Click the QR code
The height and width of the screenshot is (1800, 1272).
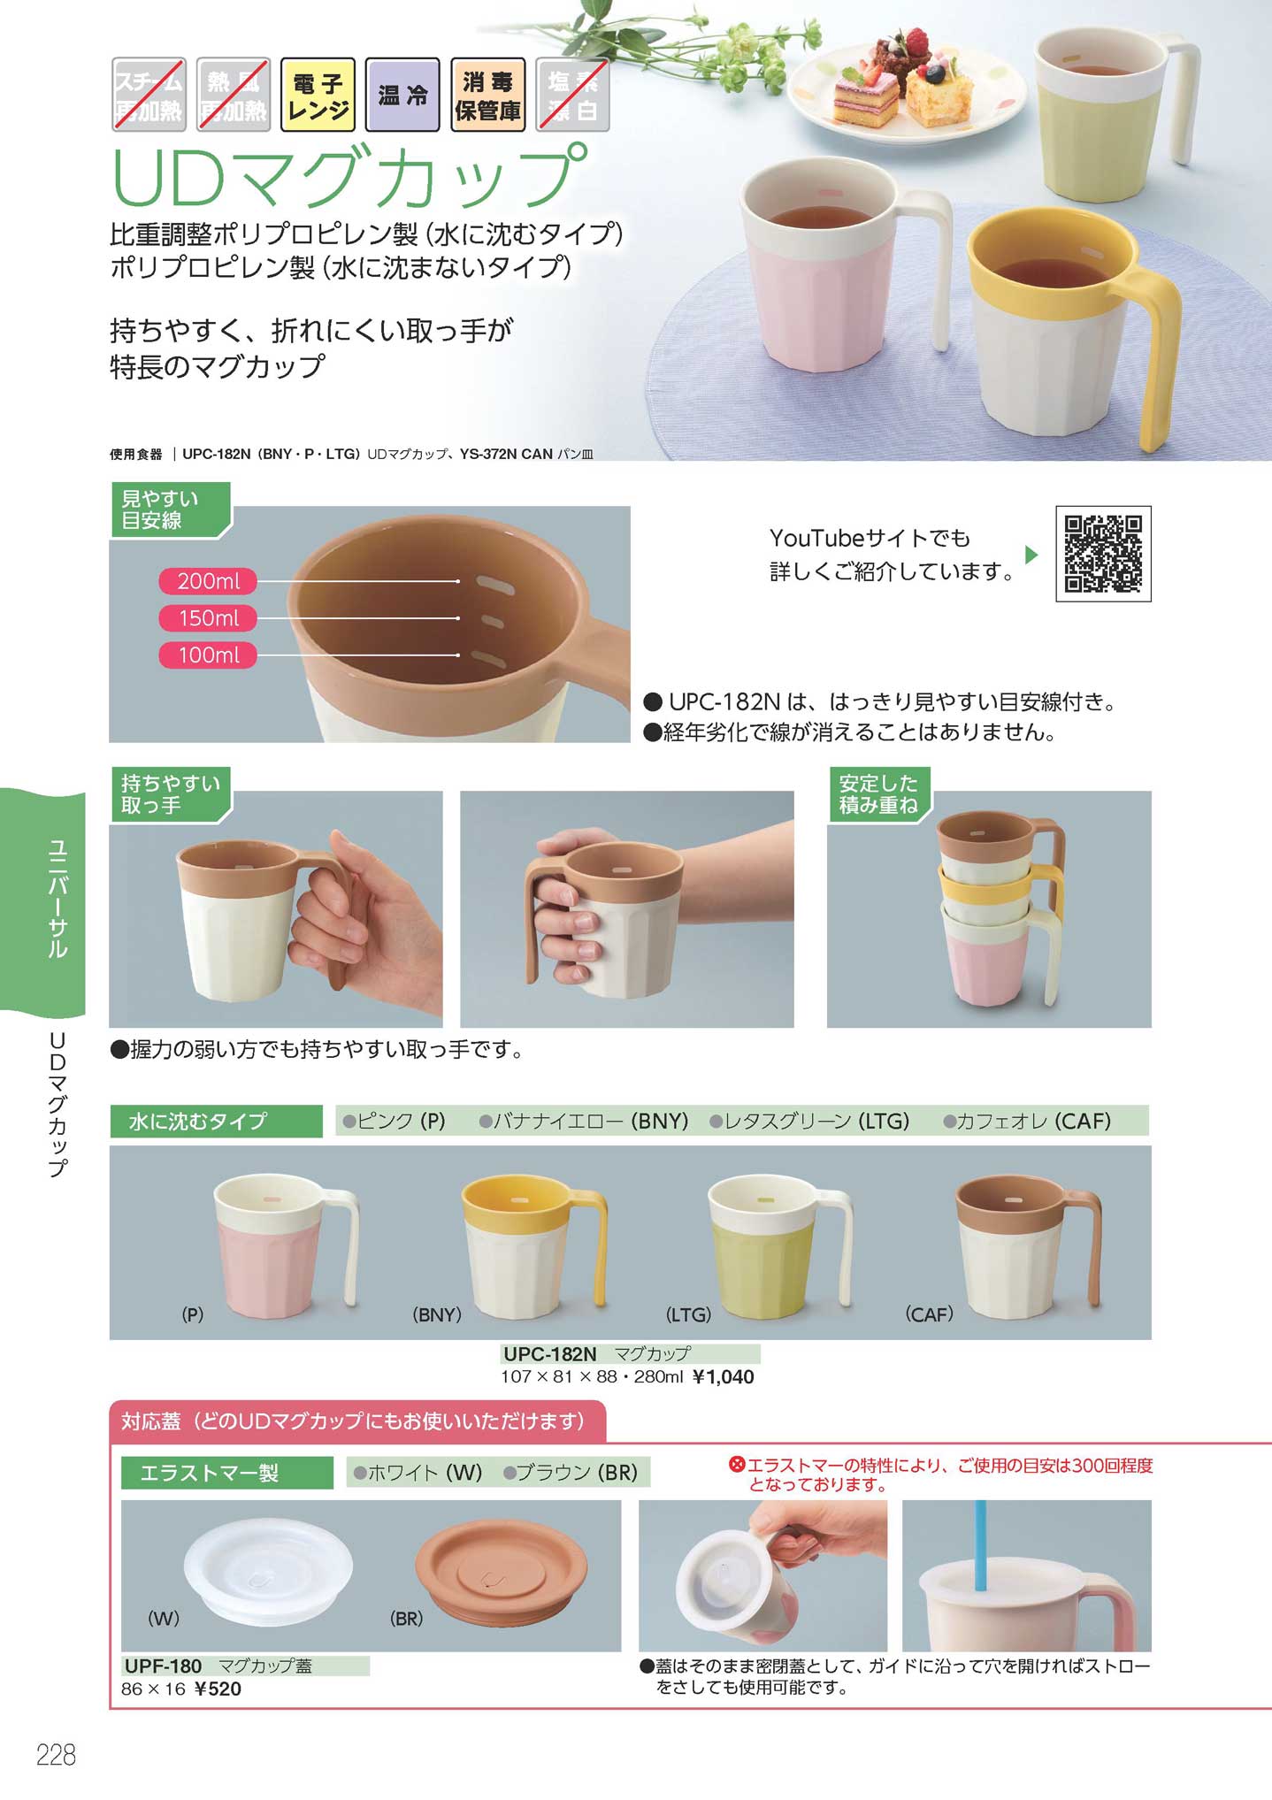pos(1103,554)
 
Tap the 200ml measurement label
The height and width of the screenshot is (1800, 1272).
pos(208,581)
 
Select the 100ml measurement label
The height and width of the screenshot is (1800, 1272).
pos(208,655)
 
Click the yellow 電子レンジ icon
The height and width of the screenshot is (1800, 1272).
pos(318,95)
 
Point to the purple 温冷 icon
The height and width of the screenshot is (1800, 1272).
pos(402,95)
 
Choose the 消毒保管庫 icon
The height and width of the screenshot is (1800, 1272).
pos(487,95)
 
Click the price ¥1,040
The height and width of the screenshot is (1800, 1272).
pos(723,1376)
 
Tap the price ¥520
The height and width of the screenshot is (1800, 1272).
pos(217,1689)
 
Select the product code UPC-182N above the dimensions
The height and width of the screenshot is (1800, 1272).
pos(549,1353)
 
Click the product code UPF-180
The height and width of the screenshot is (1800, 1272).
pos(163,1666)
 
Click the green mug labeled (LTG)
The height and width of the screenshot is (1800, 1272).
pos(779,1245)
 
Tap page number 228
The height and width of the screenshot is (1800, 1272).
pos(56,1755)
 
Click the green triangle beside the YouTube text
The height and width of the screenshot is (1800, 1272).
pos(1031,555)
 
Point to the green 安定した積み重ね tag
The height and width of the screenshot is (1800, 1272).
pos(878,794)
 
